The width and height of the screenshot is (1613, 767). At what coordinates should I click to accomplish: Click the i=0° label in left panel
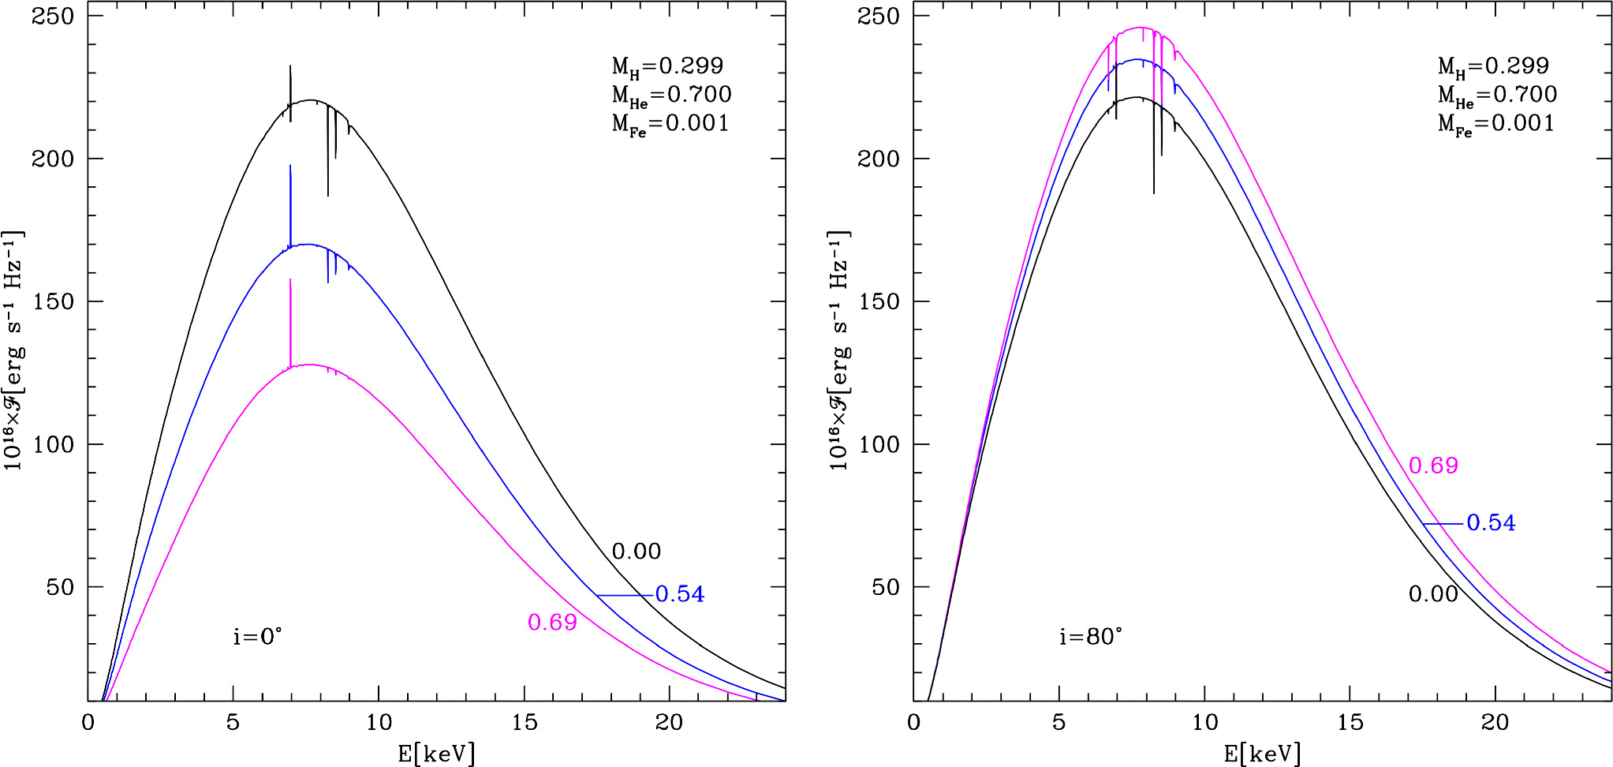tap(257, 636)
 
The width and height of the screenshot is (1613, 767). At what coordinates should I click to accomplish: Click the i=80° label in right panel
tap(1090, 636)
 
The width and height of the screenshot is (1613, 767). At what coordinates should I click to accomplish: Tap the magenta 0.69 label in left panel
tap(552, 623)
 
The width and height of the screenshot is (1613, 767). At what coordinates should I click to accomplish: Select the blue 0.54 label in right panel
tap(1491, 523)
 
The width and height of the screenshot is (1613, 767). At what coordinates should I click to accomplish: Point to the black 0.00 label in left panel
tap(636, 551)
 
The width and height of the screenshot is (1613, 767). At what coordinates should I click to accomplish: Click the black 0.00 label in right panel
tap(1432, 593)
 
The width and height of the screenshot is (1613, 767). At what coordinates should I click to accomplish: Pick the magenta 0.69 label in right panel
tap(1433, 466)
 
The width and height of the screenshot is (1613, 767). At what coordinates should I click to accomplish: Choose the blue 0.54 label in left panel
tap(679, 594)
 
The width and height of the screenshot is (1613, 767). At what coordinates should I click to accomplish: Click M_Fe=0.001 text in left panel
tap(670, 124)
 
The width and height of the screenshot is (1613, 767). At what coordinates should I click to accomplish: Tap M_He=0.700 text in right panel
tap(1497, 95)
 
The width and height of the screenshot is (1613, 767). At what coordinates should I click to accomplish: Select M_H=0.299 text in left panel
tap(667, 66)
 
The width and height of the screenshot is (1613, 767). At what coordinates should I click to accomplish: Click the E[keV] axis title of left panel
tap(436, 754)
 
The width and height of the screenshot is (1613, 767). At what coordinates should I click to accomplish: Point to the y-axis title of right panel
tap(839, 351)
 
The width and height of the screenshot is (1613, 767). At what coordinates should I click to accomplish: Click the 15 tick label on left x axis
tap(524, 722)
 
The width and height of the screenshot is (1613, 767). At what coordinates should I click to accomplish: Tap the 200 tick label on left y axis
tap(54, 159)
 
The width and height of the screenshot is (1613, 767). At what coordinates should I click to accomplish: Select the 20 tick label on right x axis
tap(1495, 722)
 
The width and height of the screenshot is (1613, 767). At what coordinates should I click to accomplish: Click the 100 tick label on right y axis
tap(879, 444)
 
